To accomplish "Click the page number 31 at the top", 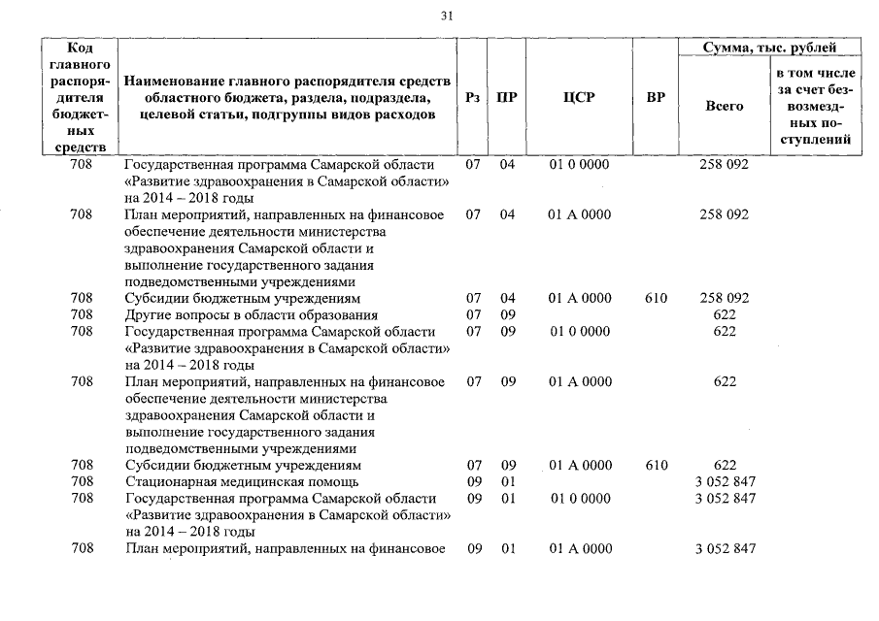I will pyautogui.click(x=447, y=16).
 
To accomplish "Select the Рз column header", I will pyautogui.click(x=473, y=97).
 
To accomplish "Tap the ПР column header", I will pyautogui.click(x=506, y=97).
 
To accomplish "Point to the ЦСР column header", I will pyautogui.click(x=579, y=97).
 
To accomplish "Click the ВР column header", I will pyautogui.click(x=656, y=97).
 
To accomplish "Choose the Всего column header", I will pyautogui.click(x=724, y=106).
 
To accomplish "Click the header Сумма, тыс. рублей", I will pyautogui.click(x=769, y=47).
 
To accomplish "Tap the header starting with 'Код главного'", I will pyautogui.click(x=82, y=97).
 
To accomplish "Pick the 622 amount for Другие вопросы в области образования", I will pyautogui.click(x=724, y=315).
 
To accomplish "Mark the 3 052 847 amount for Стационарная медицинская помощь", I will pyautogui.click(x=725, y=481).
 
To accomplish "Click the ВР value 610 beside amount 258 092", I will pyautogui.click(x=656, y=298).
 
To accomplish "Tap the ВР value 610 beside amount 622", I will pyautogui.click(x=656, y=465).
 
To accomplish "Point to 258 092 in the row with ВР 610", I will pyautogui.click(x=724, y=298).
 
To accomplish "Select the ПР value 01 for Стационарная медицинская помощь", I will pyautogui.click(x=507, y=481).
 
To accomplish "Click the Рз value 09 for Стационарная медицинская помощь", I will pyautogui.click(x=474, y=481).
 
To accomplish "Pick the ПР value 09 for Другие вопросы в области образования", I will pyautogui.click(x=507, y=315).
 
